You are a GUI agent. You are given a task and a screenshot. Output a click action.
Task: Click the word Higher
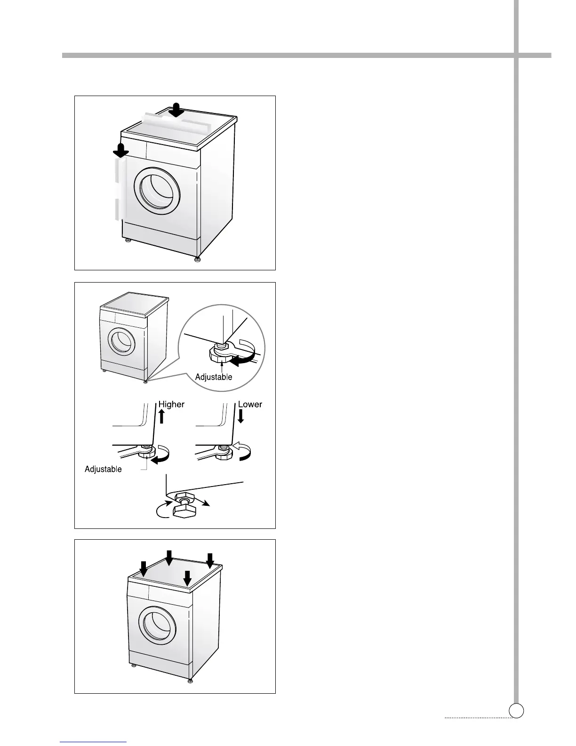point(171,404)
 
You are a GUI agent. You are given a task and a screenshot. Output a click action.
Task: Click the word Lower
point(250,404)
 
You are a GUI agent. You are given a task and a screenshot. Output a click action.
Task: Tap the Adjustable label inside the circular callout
point(214,377)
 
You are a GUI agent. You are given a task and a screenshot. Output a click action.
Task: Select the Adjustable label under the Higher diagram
point(103,469)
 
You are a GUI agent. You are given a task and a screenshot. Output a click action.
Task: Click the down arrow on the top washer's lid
point(177,109)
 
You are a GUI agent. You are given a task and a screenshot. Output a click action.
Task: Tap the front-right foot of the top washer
point(198,260)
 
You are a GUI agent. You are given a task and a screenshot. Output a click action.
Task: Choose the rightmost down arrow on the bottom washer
point(210,559)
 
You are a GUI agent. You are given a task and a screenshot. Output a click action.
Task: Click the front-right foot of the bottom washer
point(190,681)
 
